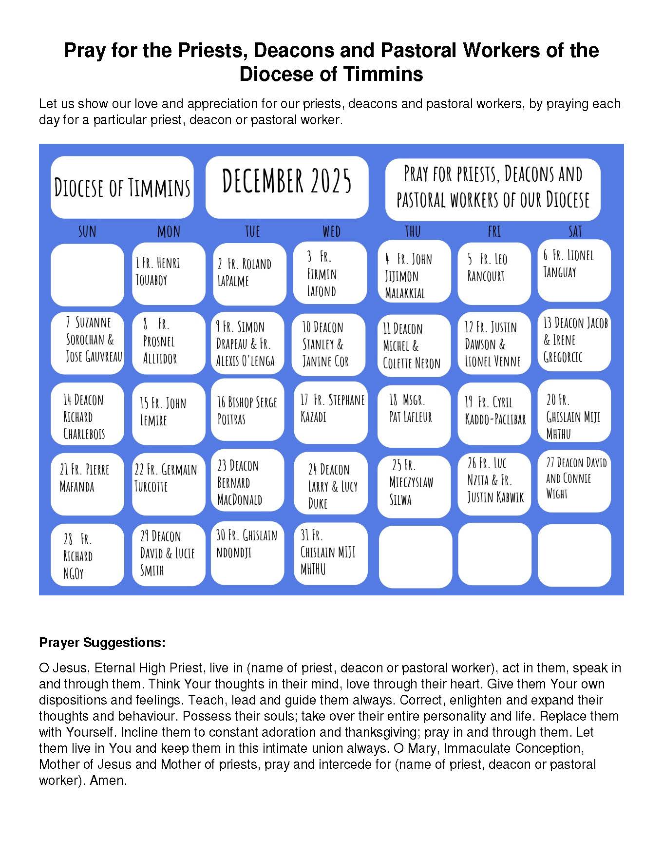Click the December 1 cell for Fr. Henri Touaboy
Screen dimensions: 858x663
pyautogui.click(x=168, y=273)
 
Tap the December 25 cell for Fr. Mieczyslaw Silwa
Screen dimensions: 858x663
pyautogui.click(x=414, y=484)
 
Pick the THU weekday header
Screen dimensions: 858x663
pyautogui.click(x=413, y=231)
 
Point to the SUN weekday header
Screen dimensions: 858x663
pyautogui.click(x=87, y=231)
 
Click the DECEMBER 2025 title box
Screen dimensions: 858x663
pyautogui.click(x=287, y=187)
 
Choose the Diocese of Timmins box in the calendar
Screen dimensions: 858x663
pyautogui.click(x=122, y=187)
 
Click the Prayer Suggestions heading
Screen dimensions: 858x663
pyautogui.click(x=102, y=642)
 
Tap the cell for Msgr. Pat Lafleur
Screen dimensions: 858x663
pyautogui.click(x=414, y=415)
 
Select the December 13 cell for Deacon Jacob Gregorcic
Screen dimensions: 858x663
pyautogui.click(x=574, y=341)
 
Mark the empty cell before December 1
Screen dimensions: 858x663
pyautogui.click(x=87, y=275)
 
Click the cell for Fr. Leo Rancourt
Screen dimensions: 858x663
pyautogui.click(x=493, y=273)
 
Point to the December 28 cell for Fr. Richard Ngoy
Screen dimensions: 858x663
pyautogui.click(x=87, y=555)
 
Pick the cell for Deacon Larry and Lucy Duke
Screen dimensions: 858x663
pyautogui.click(x=330, y=484)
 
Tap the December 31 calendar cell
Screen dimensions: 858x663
pyautogui.click(x=330, y=553)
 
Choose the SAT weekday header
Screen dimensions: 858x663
pyautogui.click(x=575, y=231)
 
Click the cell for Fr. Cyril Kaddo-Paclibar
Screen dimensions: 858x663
pyautogui.click(x=493, y=414)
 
